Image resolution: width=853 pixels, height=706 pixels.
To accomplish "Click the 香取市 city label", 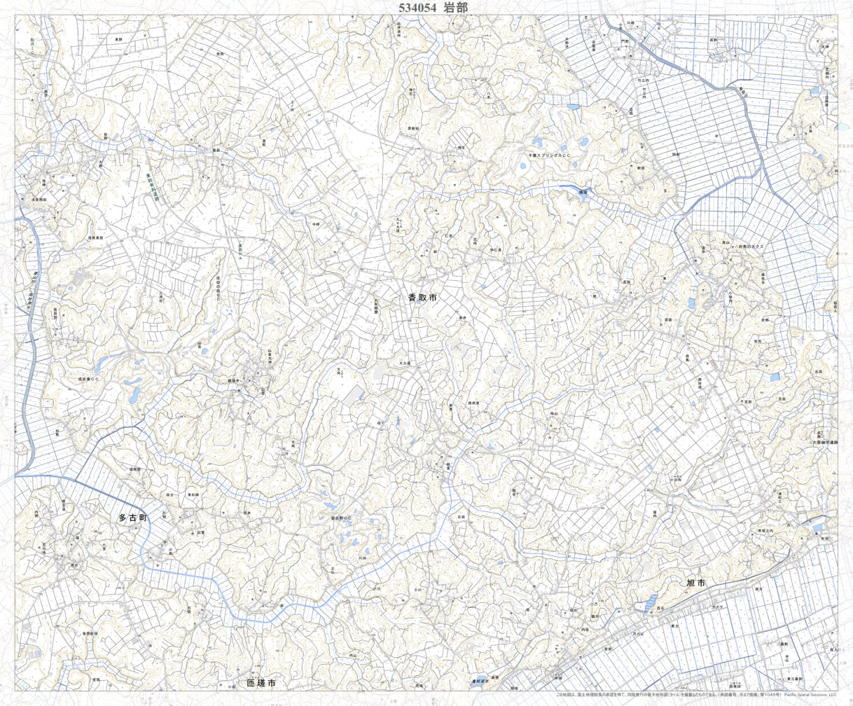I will click(422, 298).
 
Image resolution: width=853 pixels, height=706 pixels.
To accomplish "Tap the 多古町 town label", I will click(132, 518).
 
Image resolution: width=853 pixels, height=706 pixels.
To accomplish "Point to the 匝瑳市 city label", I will click(261, 682).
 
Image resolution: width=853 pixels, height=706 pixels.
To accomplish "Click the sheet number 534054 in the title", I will click(417, 8).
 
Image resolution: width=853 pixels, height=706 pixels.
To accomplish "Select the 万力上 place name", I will click(638, 633).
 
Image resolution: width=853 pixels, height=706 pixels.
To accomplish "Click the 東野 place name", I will click(118, 40).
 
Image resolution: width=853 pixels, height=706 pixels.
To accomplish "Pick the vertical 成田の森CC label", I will click(219, 288).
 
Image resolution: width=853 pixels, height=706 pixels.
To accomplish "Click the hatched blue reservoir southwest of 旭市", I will click(651, 601).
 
